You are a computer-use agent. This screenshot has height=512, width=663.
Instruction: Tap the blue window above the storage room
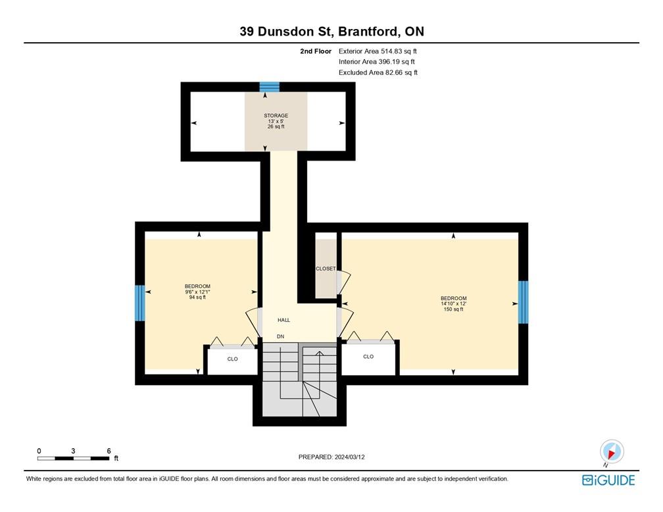(x=269, y=86)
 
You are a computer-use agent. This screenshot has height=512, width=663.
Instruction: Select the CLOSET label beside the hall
(x=326, y=269)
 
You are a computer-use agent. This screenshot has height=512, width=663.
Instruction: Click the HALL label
(x=283, y=320)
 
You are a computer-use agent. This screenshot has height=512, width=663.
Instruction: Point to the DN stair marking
(x=281, y=336)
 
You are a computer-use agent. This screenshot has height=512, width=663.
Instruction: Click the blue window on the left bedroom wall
(x=140, y=303)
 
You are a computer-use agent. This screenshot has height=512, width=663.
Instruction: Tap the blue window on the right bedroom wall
(x=523, y=302)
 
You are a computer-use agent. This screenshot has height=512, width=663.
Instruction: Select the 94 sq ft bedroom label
(x=197, y=292)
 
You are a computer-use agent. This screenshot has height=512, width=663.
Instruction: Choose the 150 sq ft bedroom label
(x=453, y=303)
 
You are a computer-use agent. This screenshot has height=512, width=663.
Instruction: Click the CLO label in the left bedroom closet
(x=232, y=359)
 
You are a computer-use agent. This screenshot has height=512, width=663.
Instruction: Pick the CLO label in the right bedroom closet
(x=368, y=357)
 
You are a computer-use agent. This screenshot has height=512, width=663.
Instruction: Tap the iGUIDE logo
(x=608, y=480)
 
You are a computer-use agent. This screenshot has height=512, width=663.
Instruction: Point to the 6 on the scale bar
(x=109, y=451)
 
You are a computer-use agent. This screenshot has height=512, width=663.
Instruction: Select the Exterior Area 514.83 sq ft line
(x=378, y=51)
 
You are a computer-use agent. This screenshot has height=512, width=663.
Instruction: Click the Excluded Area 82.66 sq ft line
(x=378, y=72)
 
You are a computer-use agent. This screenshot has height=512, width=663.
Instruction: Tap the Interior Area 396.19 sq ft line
(x=376, y=62)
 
